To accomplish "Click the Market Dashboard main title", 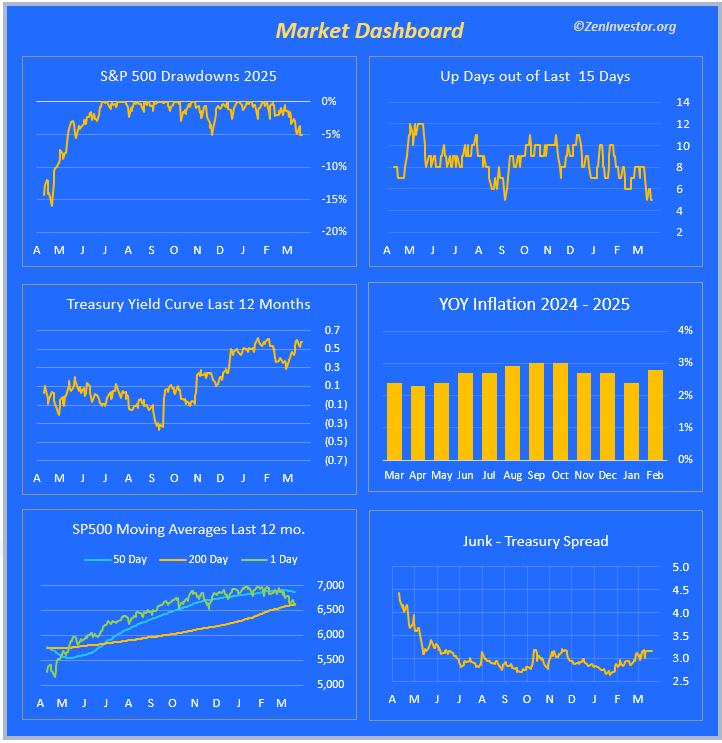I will coord(369,30).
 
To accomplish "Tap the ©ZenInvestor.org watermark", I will coord(624,27).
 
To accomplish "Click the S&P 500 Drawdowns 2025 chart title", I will coord(188,76).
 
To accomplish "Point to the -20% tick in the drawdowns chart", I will coord(333,231).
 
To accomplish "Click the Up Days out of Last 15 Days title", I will coord(535,76).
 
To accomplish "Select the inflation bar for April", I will coord(417,422).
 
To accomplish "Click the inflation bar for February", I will coord(655,415).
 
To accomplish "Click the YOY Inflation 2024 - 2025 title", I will coord(535,304).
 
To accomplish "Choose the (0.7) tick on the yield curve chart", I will coord(335,460).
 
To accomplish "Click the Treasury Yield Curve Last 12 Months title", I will coord(188,304).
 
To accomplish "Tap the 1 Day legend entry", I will coord(276,559).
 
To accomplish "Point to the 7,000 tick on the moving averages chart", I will coord(330,585).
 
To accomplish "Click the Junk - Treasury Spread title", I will coord(535,541).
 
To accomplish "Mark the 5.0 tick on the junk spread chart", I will coord(681,567).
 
